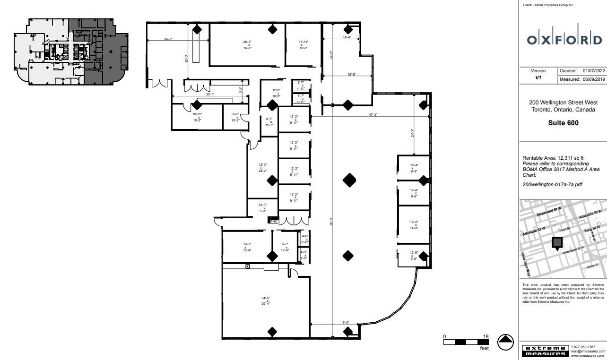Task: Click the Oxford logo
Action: pyautogui.click(x=564, y=40)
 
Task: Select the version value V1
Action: pyautogui.click(x=538, y=78)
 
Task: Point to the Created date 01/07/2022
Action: pyautogui.click(x=594, y=71)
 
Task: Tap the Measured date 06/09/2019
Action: pyautogui.click(x=594, y=79)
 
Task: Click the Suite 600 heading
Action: pyautogui.click(x=564, y=123)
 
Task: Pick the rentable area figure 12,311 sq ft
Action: pyautogui.click(x=573, y=158)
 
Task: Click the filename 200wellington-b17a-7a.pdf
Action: pyautogui.click(x=552, y=185)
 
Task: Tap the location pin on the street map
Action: pyautogui.click(x=558, y=243)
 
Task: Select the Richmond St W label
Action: pyautogui.click(x=549, y=211)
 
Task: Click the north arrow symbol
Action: pyautogui.click(x=506, y=342)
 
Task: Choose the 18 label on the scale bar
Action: pyautogui.click(x=486, y=336)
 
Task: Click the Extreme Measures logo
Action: pyautogui.click(x=545, y=351)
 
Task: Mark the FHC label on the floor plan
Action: pyautogui.click(x=274, y=221)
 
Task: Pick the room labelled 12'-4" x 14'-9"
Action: pyautogui.click(x=414, y=224)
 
